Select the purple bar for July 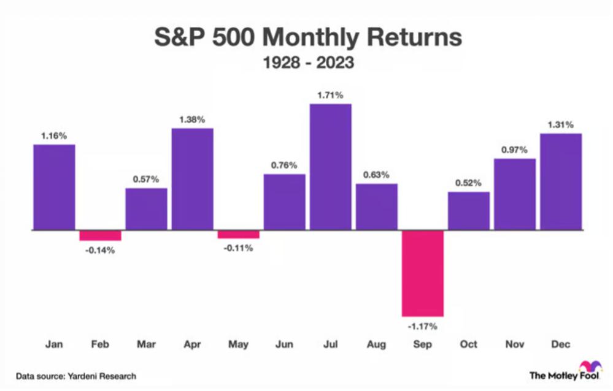tap(330, 167)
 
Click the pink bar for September tap(422, 273)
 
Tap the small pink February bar tap(100, 236)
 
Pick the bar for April tap(192, 179)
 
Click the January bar tap(54, 187)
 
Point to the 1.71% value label tap(330, 95)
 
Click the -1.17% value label tap(422, 325)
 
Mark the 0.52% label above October tap(469, 183)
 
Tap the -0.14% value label tap(100, 249)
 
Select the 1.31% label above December tap(561, 124)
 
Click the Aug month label tap(376, 344)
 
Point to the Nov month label tap(515, 344)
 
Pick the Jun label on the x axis tap(284, 344)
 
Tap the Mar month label tap(146, 344)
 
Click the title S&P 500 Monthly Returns tap(307, 38)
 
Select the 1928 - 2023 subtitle tap(307, 62)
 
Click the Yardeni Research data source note tap(76, 376)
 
